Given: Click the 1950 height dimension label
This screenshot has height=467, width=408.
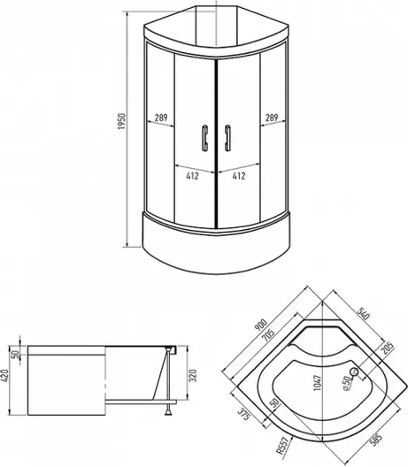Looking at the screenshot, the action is click(122, 121).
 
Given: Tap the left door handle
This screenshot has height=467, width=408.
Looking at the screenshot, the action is click(204, 138).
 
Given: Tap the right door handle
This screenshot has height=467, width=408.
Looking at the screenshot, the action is click(227, 138).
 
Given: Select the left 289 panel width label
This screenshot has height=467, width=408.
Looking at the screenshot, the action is click(161, 118).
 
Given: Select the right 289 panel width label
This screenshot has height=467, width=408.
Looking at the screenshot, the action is click(272, 118).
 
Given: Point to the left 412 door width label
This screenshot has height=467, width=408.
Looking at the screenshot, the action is click(193, 176).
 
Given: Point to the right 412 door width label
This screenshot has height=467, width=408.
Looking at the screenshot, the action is click(239, 176).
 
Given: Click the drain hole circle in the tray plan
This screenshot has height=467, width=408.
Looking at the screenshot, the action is click(354, 371).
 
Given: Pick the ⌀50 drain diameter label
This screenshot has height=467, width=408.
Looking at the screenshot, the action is click(347, 384).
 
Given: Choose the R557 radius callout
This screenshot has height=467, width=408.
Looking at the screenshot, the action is click(282, 446).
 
